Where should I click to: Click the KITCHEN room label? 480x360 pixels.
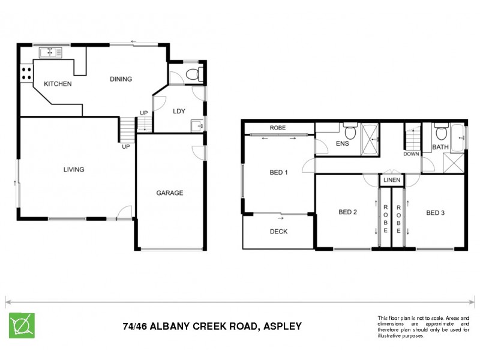click(x=57, y=84)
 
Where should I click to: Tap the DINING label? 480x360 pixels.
click(x=120, y=79)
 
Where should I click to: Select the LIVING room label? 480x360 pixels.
click(x=74, y=170)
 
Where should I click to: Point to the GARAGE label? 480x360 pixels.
click(x=170, y=193)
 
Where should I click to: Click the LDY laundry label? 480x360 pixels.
click(x=178, y=111)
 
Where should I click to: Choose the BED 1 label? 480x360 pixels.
click(x=279, y=173)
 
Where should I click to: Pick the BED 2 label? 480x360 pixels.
click(x=348, y=212)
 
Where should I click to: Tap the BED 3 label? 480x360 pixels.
click(x=436, y=212)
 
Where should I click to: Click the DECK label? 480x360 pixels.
click(x=278, y=231)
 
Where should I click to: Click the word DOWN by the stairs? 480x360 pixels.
click(x=412, y=154)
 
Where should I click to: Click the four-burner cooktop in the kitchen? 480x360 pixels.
click(x=27, y=74)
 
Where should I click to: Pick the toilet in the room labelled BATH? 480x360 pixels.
click(x=440, y=133)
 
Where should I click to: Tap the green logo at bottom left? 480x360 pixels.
click(x=21, y=326)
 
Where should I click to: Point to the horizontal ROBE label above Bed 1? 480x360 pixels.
click(x=277, y=128)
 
